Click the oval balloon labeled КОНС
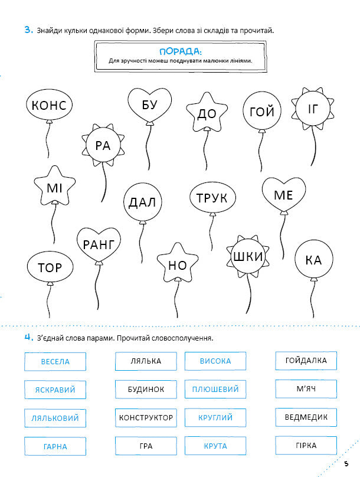49,105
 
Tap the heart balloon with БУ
149,104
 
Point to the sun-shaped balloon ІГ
312,109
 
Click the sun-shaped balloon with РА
103,145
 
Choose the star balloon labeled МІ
54,188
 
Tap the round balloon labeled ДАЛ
142,203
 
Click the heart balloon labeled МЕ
284,195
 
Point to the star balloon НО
177,265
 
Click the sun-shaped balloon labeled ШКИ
248,257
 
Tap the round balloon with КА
314,260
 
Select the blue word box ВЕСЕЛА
55,361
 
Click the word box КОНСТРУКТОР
146,418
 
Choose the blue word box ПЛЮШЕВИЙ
215,390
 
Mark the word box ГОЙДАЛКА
306,360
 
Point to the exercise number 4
28,338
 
